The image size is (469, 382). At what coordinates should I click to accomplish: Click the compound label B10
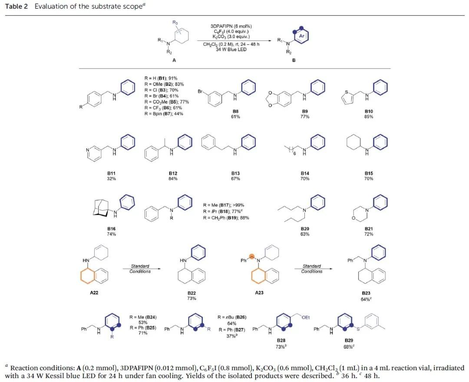tap(369, 111)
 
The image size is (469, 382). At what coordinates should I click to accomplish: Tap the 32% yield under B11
tap(111, 179)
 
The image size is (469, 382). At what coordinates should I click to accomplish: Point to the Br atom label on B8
tap(201, 92)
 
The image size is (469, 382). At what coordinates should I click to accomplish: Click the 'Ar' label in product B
tap(302, 36)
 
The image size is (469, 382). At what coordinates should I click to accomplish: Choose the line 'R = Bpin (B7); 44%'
tap(164, 114)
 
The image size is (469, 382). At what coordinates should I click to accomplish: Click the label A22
tap(94, 292)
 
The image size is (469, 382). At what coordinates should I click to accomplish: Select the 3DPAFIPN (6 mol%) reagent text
tap(230, 27)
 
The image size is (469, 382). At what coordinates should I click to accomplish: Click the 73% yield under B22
tap(192, 298)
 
